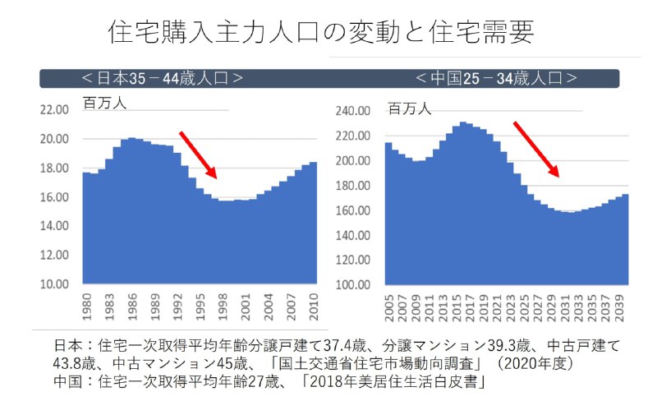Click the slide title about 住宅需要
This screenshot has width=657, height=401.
pos(321,32)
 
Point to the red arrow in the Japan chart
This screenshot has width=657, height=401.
pos(198,155)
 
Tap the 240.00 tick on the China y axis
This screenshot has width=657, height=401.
pos(357,111)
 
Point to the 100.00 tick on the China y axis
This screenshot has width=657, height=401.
pos(357,284)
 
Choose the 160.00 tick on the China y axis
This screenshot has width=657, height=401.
pos(357,211)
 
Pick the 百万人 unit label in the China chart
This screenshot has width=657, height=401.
pos(409,108)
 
